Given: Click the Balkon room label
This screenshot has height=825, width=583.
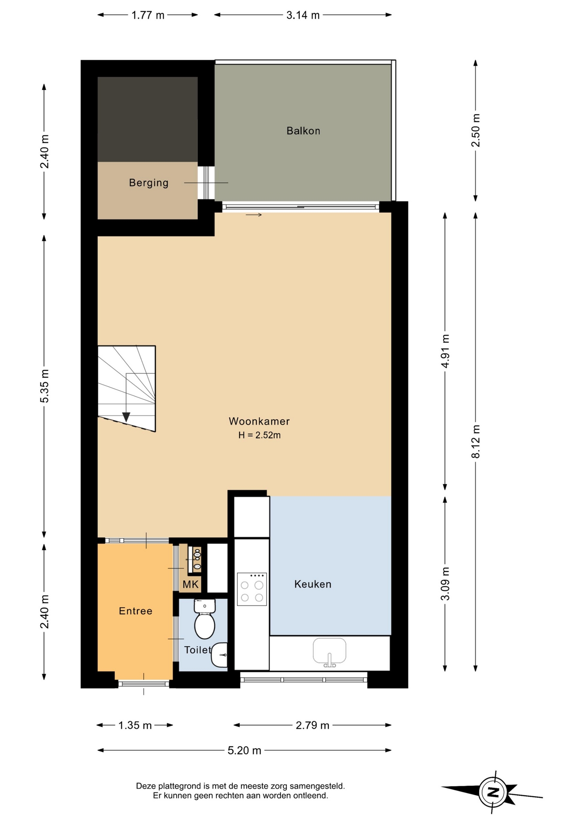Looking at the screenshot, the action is [x=303, y=131].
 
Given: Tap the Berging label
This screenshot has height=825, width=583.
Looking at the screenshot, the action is [x=149, y=183].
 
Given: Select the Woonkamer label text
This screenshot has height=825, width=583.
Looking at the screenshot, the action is [x=259, y=421].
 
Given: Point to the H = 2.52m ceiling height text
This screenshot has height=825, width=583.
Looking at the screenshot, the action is [x=259, y=435].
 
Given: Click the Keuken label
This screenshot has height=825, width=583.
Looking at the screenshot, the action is [x=313, y=584].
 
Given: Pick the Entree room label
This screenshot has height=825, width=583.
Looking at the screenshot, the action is [x=135, y=611].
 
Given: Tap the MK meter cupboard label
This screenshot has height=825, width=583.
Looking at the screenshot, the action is [x=191, y=584].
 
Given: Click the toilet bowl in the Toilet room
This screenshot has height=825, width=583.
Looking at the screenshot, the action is [x=205, y=619].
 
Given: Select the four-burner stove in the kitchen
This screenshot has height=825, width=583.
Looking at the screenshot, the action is [x=252, y=589].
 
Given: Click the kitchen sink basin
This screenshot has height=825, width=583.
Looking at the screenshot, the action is [x=329, y=651].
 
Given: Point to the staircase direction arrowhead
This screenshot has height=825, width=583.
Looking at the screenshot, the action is [x=126, y=417].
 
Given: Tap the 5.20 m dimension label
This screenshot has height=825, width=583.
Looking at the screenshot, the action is [x=244, y=750].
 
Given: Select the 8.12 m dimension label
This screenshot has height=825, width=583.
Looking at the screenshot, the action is [x=476, y=441].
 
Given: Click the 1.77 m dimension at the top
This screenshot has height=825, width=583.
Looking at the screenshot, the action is [x=148, y=15].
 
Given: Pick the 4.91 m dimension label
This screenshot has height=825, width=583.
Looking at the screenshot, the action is [x=445, y=351].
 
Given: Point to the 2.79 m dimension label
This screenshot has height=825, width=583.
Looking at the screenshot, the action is [x=313, y=725].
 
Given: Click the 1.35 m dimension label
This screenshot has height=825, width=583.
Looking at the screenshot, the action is [x=135, y=725].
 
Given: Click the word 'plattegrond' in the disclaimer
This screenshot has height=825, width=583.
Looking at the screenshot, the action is [x=180, y=786].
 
